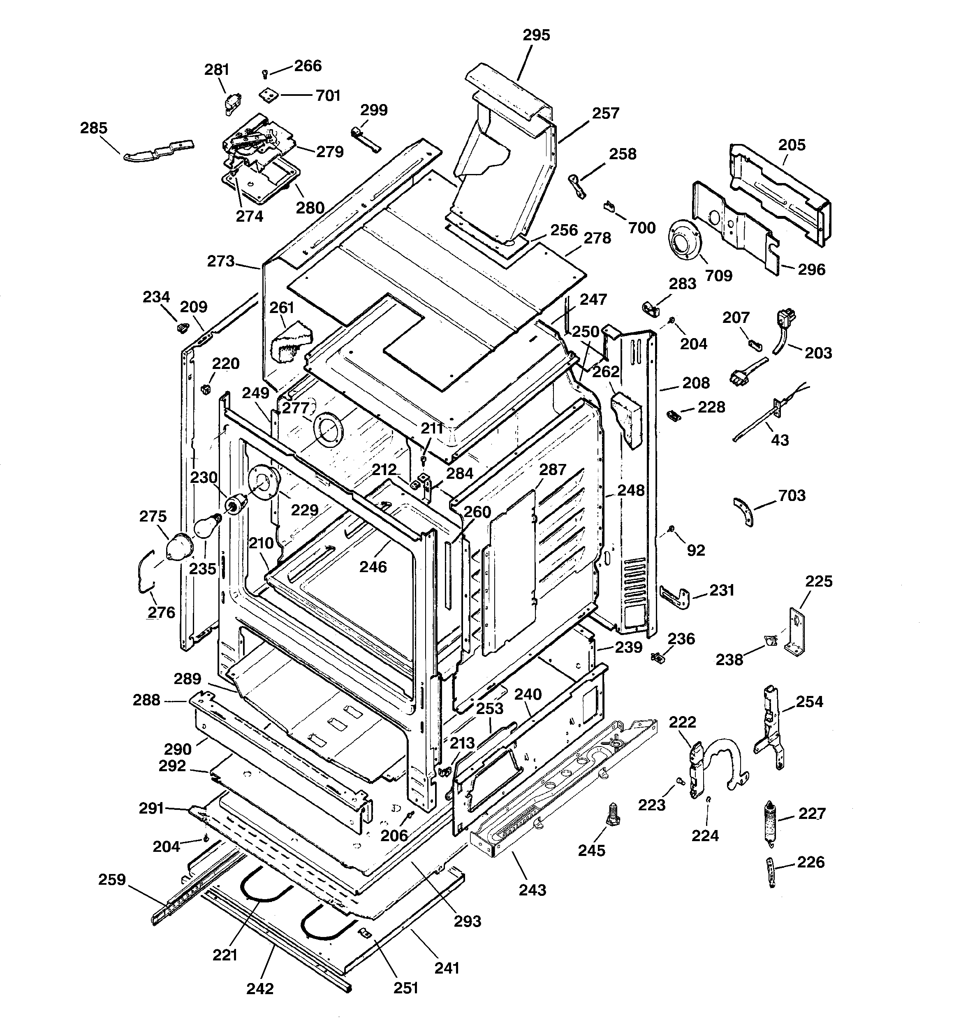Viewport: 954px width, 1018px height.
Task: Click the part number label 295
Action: coord(536,35)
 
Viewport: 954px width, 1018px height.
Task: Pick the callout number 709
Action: coord(718,276)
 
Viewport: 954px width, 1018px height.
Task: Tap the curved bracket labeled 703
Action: coord(743,511)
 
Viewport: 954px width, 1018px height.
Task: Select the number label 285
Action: coord(94,128)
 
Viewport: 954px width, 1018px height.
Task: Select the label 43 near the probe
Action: coord(780,440)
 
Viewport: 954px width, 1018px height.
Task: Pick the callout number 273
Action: coord(221,261)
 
